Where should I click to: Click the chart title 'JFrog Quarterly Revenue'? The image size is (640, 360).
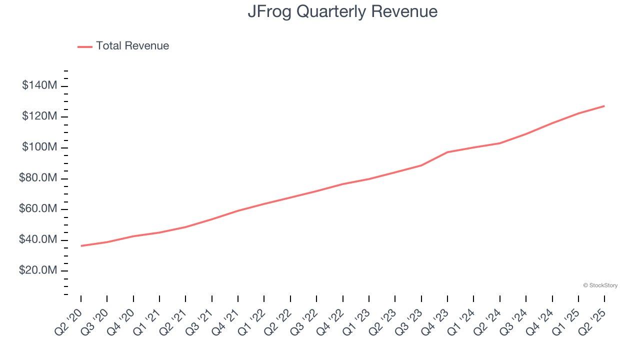point(342,11)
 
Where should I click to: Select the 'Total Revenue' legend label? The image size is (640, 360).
point(132,46)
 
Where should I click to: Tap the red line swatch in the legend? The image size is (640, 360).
point(85,46)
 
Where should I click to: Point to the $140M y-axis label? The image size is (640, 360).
point(39,85)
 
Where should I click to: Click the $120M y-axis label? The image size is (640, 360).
point(39,116)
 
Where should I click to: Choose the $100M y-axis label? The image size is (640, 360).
point(39,147)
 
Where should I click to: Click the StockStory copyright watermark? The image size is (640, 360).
point(600,285)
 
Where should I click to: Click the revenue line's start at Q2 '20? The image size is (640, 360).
point(81,245)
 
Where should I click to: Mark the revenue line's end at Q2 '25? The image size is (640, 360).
point(604,106)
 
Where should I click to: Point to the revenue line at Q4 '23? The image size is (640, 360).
point(447,152)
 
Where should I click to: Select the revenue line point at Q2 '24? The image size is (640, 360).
point(500,143)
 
